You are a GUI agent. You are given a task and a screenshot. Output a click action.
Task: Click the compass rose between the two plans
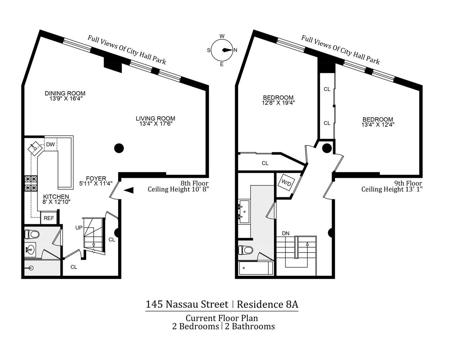(x=222, y=50)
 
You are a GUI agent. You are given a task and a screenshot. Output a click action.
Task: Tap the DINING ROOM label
(x=65, y=93)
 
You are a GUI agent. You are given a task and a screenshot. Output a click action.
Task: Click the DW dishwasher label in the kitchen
(x=50, y=144)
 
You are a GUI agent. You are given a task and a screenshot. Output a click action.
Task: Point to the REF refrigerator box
(x=49, y=218)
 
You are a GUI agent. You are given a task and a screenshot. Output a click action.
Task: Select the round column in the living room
(x=119, y=148)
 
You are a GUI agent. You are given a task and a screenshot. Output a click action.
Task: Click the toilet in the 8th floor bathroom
(x=32, y=234)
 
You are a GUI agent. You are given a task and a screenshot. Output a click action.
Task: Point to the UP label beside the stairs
(x=79, y=228)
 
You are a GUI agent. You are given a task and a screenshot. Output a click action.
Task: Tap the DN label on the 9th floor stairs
(x=286, y=233)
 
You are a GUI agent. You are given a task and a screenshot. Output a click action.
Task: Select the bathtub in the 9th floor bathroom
(x=256, y=268)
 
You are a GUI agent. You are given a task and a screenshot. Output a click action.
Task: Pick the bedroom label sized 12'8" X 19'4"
(x=278, y=100)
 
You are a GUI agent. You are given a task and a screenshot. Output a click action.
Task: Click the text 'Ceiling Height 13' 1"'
(x=392, y=189)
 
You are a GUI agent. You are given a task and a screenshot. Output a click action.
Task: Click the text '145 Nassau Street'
(x=187, y=304)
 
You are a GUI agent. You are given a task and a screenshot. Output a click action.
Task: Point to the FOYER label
(x=96, y=179)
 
